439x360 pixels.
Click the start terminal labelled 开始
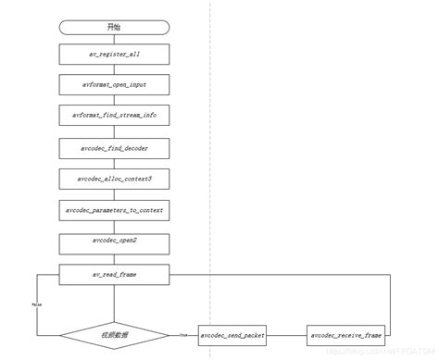tap(113, 27)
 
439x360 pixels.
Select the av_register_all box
tap(113, 56)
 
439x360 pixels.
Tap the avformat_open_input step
tap(113, 85)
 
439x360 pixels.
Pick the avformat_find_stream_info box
tap(113, 116)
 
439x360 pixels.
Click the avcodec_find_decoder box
tap(113, 147)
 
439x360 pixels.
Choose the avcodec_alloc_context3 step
tap(113, 179)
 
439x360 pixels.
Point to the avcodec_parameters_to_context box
tap(113, 211)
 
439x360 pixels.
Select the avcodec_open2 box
tap(113, 242)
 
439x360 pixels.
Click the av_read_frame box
tap(113, 274)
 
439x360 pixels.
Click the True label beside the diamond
tap(182, 334)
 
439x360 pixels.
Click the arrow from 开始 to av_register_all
tap(113, 40)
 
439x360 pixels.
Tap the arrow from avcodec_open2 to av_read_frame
tap(113, 258)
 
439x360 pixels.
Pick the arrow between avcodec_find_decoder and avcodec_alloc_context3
tap(113, 163)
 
